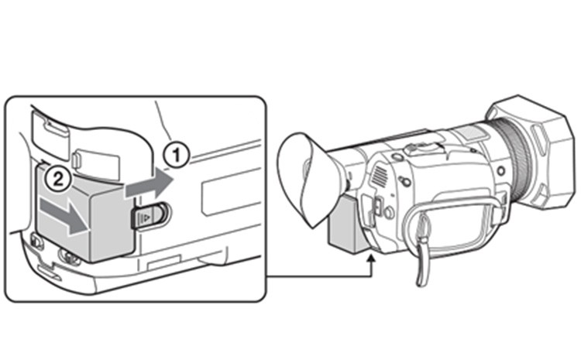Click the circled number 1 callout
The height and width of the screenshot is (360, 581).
click(176, 155)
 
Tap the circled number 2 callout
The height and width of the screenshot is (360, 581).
click(58, 180)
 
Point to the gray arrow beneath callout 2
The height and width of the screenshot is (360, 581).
click(64, 216)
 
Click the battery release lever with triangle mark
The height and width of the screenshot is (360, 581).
click(149, 215)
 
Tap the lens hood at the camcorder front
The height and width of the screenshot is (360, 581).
click(535, 152)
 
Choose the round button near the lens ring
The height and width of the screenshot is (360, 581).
click(501, 171)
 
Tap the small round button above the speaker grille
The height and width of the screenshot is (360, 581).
click(397, 156)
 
